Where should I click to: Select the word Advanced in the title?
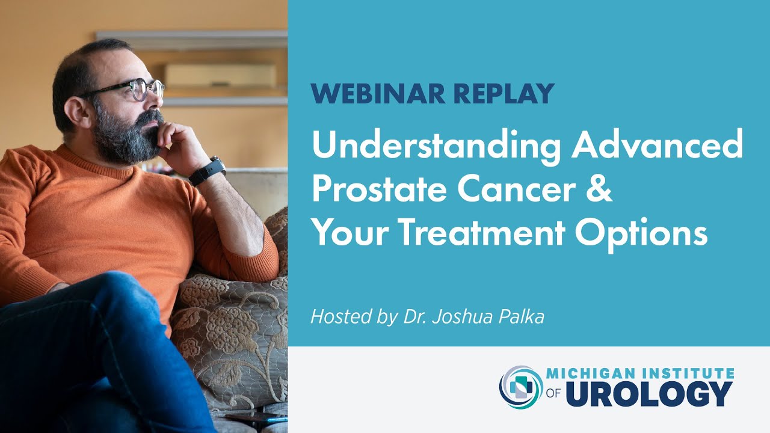[658, 147]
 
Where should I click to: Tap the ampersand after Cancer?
[600, 191]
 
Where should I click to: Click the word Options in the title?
[641, 235]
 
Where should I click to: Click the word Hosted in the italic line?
[334, 316]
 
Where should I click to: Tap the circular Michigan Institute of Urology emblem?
[521, 387]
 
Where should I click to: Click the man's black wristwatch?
[208, 171]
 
